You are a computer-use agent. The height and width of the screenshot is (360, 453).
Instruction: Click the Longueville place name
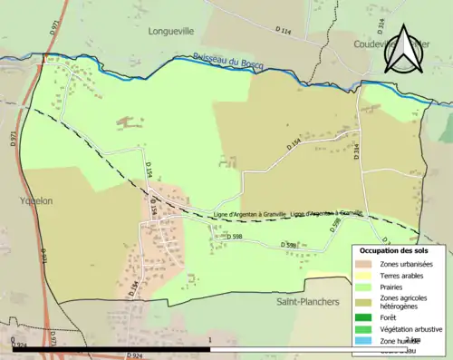[172, 30]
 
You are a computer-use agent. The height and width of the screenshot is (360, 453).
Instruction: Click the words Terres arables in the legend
[405, 276]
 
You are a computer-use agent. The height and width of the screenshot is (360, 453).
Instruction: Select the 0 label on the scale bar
[13, 342]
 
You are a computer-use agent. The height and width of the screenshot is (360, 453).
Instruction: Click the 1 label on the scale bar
[210, 342]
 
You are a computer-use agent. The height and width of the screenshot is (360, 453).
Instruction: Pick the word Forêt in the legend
[392, 317]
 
